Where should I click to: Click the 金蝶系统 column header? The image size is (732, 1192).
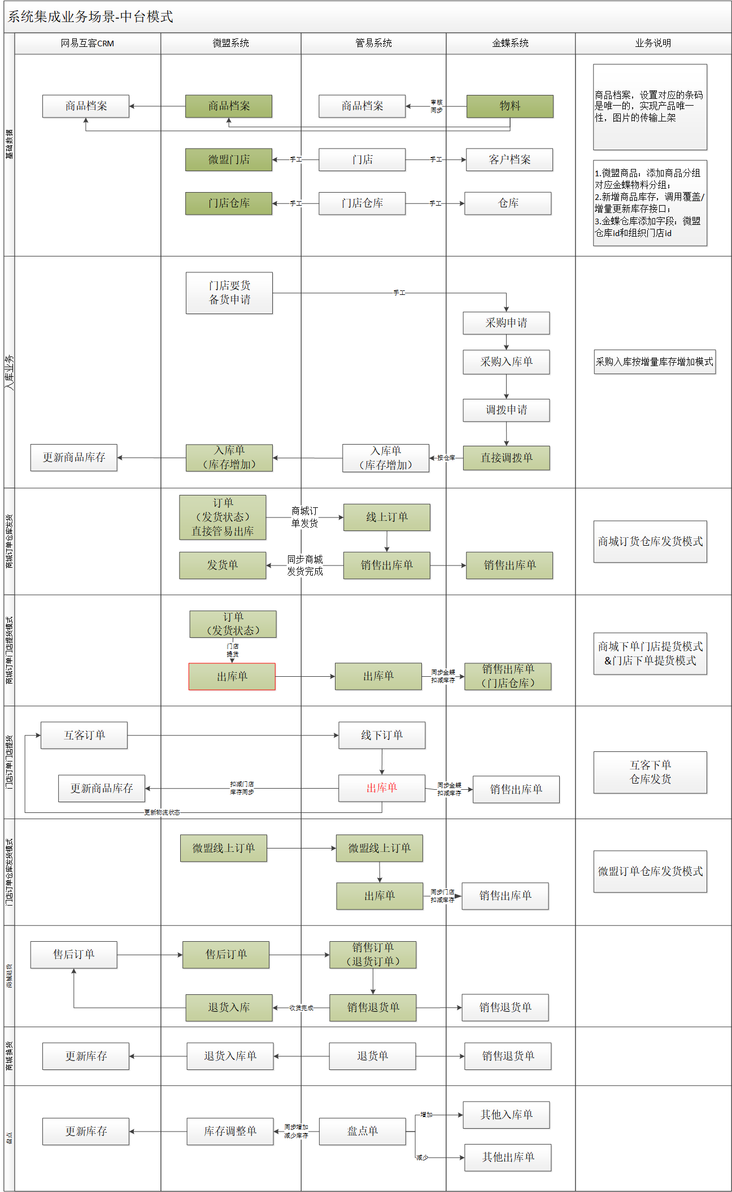click(x=510, y=43)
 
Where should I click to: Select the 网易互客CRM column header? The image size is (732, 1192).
click(x=88, y=43)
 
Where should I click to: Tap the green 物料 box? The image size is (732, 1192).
click(x=509, y=106)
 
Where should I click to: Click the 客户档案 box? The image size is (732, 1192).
click(x=509, y=160)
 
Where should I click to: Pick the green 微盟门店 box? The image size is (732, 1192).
click(x=229, y=160)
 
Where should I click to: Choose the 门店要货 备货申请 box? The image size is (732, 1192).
click(x=229, y=293)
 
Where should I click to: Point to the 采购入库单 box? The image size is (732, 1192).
click(x=506, y=362)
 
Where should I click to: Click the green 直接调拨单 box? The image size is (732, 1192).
click(x=506, y=458)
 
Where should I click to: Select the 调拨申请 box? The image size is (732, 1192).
click(x=506, y=410)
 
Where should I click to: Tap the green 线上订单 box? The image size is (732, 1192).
click(x=386, y=517)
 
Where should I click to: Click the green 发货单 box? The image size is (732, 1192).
click(x=223, y=565)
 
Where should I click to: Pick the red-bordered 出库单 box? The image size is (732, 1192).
click(x=232, y=677)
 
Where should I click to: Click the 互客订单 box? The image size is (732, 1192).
click(x=84, y=736)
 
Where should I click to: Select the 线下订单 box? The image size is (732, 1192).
click(x=382, y=736)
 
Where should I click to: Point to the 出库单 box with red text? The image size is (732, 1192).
click(x=382, y=788)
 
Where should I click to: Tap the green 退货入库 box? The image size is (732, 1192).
click(x=229, y=1008)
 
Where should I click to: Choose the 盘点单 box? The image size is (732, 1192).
click(x=362, y=1132)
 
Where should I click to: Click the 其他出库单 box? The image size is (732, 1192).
click(x=508, y=1158)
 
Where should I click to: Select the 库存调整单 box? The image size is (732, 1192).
click(x=230, y=1132)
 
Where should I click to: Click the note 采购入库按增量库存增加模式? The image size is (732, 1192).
click(x=655, y=362)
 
